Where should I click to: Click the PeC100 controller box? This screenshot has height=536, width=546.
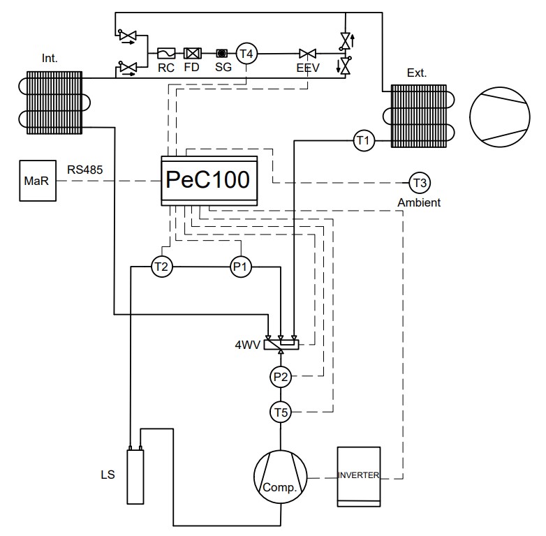tap(209, 181)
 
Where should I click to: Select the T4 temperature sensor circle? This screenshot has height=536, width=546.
tap(246, 54)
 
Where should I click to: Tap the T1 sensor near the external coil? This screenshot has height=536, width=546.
tap(364, 140)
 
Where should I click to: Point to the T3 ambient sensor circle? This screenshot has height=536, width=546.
tap(420, 183)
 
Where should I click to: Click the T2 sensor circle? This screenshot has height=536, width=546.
tap(162, 267)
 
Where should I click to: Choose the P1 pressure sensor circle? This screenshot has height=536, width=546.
tap(241, 267)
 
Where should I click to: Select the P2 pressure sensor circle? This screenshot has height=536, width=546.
tap(281, 377)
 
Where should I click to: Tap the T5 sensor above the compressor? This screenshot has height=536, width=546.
tap(281, 412)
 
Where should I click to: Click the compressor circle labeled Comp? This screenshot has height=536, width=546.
tap(281, 477)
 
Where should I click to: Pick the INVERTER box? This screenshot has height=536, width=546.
tap(359, 477)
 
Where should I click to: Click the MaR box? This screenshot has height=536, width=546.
tap(38, 181)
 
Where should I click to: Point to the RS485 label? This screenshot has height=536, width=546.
tap(85, 170)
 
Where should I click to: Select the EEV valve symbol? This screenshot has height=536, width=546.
tap(307, 54)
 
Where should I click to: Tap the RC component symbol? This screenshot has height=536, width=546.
tap(166, 53)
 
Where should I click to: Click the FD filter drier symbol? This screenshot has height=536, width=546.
tap(192, 53)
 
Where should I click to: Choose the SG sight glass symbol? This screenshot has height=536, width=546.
tap(222, 53)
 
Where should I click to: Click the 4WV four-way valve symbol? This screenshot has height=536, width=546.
tap(281, 344)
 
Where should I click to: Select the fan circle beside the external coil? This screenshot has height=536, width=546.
tap(500, 117)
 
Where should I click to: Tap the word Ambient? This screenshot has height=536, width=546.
tap(419, 202)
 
